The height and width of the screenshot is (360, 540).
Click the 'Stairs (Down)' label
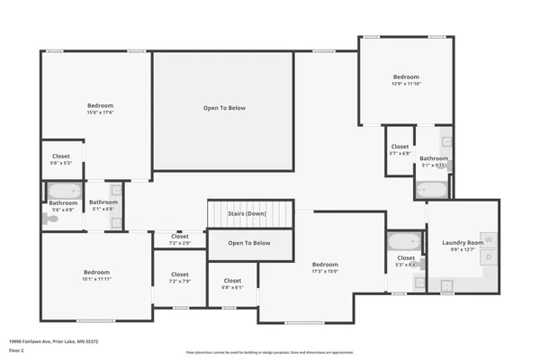pyautogui.click(x=247, y=213)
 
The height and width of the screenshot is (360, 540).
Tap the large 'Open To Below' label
pyautogui.click(x=223, y=108)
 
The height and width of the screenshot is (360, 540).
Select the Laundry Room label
pyautogui.click(x=463, y=243)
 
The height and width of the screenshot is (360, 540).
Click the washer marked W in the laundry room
pyautogui.click(x=488, y=238)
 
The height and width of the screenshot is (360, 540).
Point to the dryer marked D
pyautogui.click(x=488, y=257)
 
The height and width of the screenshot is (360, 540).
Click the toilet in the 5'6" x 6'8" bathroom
pyautogui.click(x=49, y=218)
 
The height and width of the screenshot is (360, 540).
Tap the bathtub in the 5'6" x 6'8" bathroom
pyautogui.click(x=63, y=191)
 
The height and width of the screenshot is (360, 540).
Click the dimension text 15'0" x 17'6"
pyautogui.click(x=100, y=112)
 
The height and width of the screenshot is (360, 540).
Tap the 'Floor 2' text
pyautogui.click(x=17, y=351)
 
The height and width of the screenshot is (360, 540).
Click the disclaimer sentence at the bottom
pyautogui.click(x=269, y=353)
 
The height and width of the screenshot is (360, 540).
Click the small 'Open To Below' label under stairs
pyautogui.click(x=249, y=243)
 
